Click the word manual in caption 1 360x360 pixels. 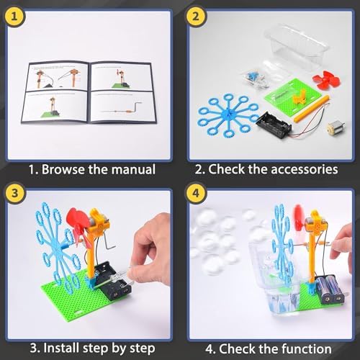pos(130,170)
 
